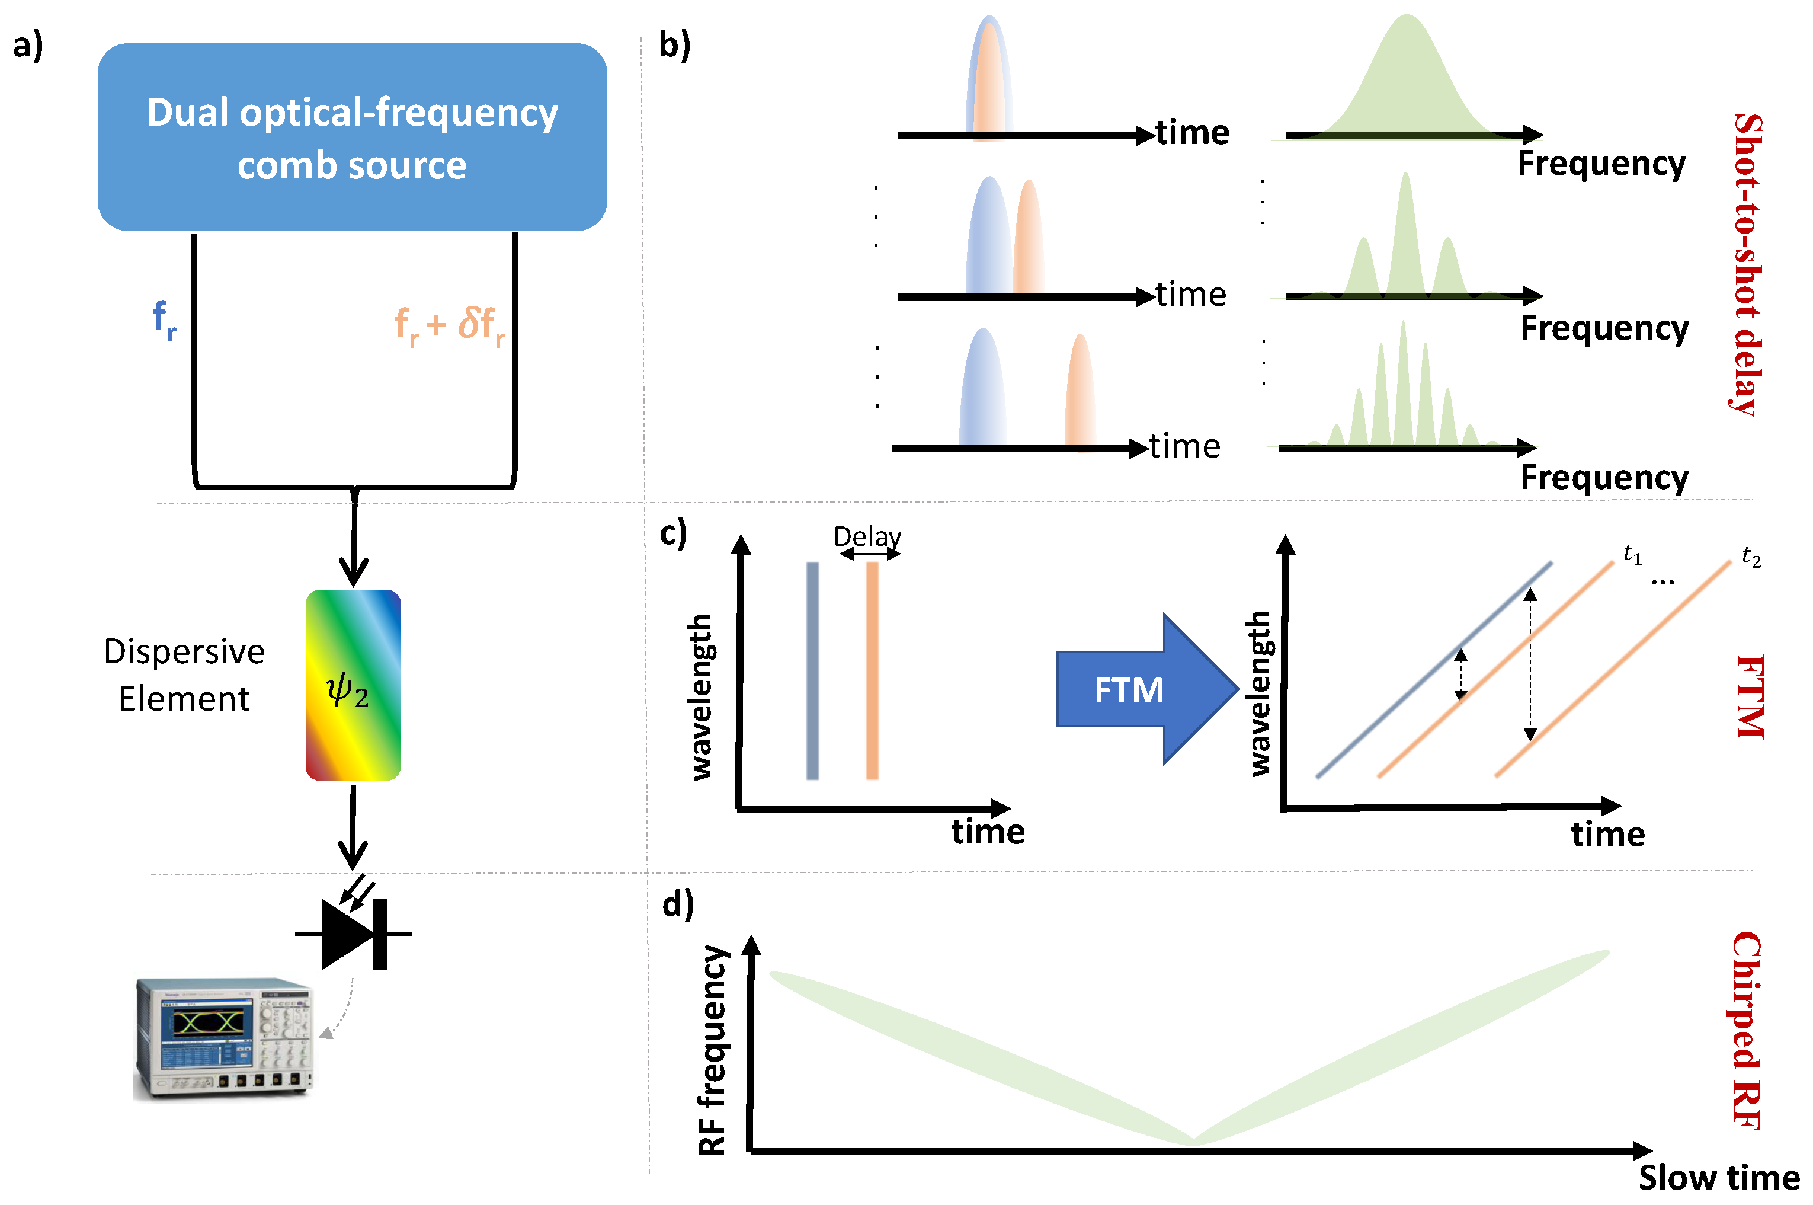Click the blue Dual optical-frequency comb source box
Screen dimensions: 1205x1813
352,137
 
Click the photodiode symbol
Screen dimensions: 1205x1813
353,934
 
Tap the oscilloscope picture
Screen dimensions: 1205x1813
225,1037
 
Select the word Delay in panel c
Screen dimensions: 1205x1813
867,536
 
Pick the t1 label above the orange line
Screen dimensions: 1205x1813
1632,554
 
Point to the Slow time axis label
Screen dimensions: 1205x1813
1719,1177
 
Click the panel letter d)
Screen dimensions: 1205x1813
678,904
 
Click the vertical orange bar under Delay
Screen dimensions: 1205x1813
872,670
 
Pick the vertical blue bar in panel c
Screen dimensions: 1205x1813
812,670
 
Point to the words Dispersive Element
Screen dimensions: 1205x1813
184,675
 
